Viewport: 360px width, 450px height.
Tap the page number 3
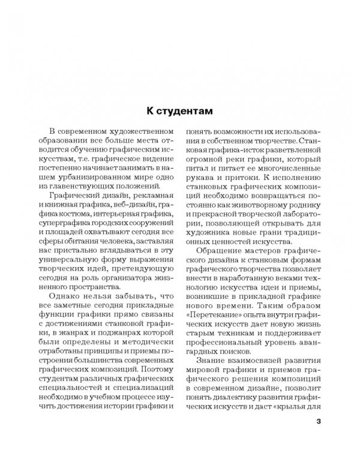[x=318, y=421]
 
